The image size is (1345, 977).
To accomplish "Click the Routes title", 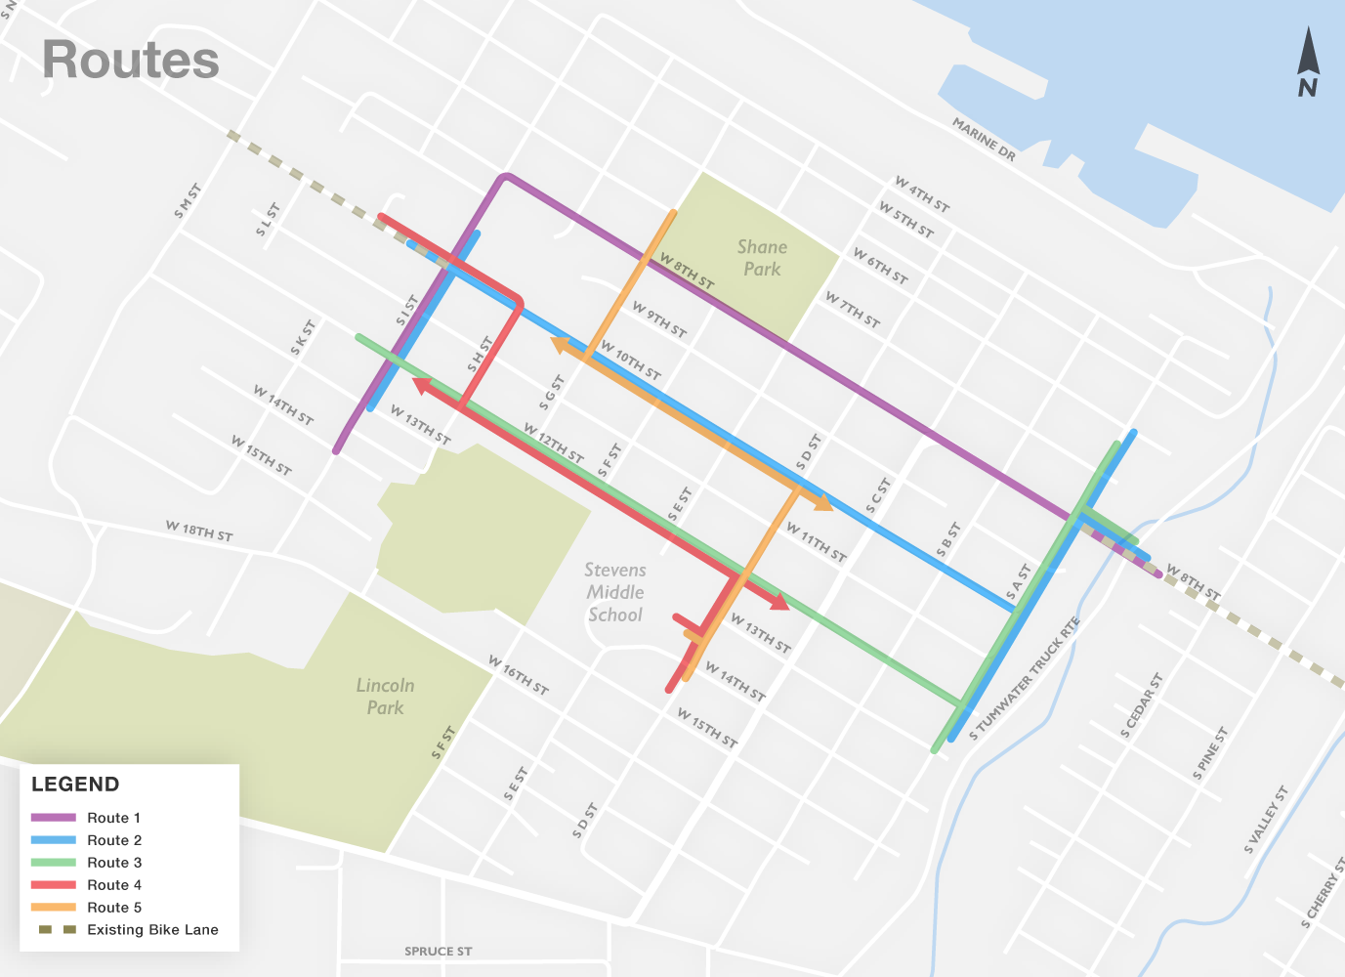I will (x=131, y=61).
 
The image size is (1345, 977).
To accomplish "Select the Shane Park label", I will (x=762, y=258).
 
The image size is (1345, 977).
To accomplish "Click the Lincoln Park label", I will (x=385, y=696).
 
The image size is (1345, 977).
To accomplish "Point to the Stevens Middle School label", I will (x=614, y=592).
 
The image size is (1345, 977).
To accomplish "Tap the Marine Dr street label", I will (x=984, y=141).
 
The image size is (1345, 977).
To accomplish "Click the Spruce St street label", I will (x=438, y=951).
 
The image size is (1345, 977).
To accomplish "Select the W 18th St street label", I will (x=198, y=531).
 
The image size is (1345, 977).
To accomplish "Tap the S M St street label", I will (x=188, y=200).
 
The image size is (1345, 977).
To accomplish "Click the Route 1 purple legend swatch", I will (x=54, y=818).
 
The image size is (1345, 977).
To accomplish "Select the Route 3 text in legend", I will (x=114, y=863).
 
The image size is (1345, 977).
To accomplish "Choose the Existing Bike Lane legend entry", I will (x=152, y=930).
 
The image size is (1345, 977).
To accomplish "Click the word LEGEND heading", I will (x=75, y=785).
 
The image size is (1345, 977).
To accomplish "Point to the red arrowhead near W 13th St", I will (x=778, y=602).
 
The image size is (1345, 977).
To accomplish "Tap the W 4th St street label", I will (x=921, y=194).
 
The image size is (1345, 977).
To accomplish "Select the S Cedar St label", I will (x=1141, y=705).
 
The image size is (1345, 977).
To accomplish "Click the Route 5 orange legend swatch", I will (x=54, y=908).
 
